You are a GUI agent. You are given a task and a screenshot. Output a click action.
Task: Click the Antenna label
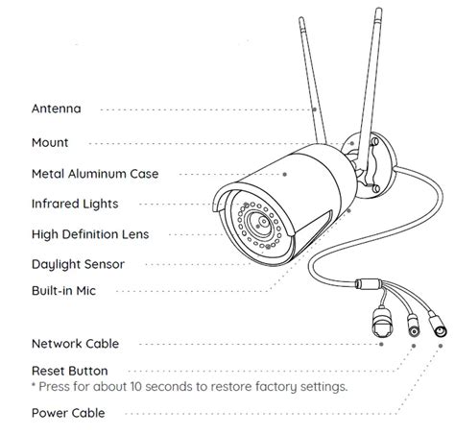click(x=57, y=109)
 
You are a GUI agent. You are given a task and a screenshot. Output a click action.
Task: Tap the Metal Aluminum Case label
click(x=95, y=174)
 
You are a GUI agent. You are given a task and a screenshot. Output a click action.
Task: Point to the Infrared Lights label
click(x=75, y=204)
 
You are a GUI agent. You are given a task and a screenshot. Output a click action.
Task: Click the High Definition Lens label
click(x=90, y=233)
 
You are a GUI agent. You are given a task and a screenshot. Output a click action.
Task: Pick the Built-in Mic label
click(x=64, y=289)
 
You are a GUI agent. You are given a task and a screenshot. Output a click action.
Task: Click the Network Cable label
click(x=75, y=343)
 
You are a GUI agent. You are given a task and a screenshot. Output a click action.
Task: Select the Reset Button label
click(x=69, y=370)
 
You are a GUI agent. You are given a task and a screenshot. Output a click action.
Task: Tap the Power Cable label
click(x=68, y=413)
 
